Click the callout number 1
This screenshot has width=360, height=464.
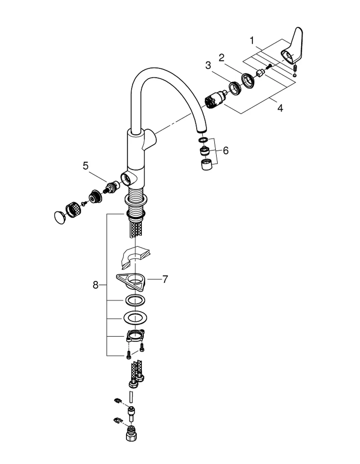coord(252,41)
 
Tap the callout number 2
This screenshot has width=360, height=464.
coord(221,58)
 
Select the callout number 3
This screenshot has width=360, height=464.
coord(208,65)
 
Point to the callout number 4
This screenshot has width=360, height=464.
coord(280,108)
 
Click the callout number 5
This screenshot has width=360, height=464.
coord(86,166)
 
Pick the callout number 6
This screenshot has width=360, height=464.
coord(226,151)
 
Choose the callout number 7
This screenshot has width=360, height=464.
coord(165,279)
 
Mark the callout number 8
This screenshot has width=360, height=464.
coord(95,285)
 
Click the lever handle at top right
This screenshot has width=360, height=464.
coord(292,46)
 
